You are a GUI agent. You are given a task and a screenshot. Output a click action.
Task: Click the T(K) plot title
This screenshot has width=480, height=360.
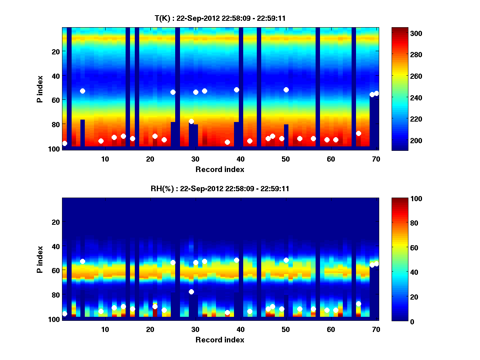tap(220, 18)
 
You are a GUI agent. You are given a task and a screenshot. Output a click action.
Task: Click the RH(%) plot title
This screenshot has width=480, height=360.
tap(220, 189)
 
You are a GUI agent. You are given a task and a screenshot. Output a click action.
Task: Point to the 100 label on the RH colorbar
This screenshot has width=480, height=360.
tap(401, 199)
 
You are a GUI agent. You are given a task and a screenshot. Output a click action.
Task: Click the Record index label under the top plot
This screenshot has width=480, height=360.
tap(220, 169)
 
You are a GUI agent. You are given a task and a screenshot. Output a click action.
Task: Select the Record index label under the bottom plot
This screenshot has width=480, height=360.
tap(220, 340)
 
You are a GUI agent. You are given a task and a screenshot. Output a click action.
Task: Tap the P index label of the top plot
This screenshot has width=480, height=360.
tap(40, 88)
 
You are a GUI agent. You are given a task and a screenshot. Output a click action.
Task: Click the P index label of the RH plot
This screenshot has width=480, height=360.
tap(40, 259)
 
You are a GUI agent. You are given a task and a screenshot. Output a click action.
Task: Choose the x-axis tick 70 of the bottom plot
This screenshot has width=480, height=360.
tap(376, 329)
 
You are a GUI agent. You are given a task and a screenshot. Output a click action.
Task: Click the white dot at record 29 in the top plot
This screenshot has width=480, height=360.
tap(191, 122)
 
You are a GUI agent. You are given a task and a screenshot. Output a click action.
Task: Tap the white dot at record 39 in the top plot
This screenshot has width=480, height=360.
tap(236, 90)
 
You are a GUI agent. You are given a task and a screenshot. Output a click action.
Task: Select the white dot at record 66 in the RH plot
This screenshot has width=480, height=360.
tap(358, 304)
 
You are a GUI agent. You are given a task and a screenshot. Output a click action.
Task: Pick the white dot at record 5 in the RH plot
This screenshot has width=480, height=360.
tap(82, 261)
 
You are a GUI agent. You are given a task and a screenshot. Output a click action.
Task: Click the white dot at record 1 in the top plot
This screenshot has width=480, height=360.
tap(65, 143)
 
